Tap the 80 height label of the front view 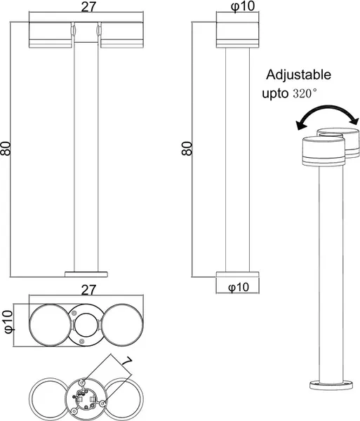pos(7,149)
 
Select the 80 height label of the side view pos(187,149)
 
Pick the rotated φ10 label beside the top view pos(8,321)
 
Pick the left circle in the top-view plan pos(49,322)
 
